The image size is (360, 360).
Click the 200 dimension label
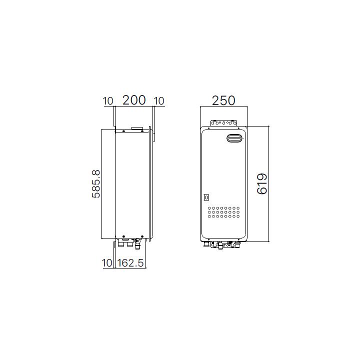(x=134, y=100)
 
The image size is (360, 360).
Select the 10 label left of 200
(x=108, y=101)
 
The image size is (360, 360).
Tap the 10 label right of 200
(x=159, y=101)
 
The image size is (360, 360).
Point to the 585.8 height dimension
(x=96, y=183)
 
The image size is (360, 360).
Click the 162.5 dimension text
(x=130, y=263)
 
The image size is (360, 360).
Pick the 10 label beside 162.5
(x=107, y=263)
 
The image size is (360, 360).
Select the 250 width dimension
(x=223, y=100)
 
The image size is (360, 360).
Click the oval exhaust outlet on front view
(x=233, y=139)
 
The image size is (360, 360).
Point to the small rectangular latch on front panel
(x=207, y=196)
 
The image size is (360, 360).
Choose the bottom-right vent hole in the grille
(x=238, y=216)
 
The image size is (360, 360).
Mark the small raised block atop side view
(x=135, y=128)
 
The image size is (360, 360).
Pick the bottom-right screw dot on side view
(x=142, y=236)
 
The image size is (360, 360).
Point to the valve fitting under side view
(x=135, y=242)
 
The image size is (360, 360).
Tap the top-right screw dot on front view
(x=242, y=131)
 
